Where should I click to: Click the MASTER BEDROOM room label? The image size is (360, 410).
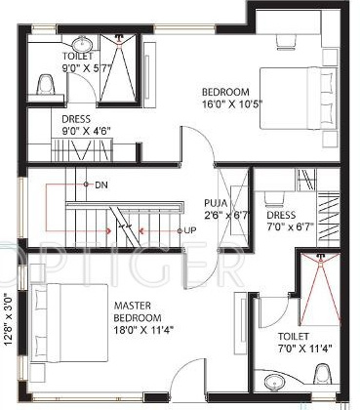point(137,312)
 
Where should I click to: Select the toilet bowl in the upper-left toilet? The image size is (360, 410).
point(44,85)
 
